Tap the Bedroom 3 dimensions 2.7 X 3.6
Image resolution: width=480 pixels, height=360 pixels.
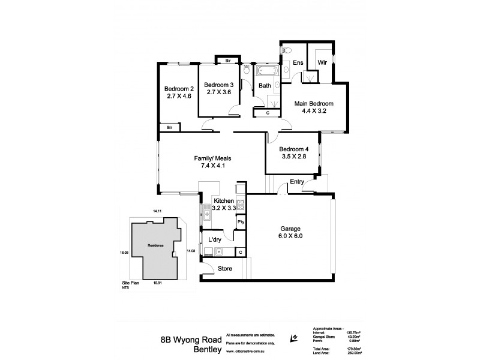(x=218, y=92)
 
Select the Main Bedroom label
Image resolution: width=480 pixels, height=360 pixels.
(x=313, y=103)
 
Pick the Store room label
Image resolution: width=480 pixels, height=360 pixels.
(x=225, y=268)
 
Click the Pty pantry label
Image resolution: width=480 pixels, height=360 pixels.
(x=241, y=223)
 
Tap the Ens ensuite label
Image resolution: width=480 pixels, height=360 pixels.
(x=298, y=62)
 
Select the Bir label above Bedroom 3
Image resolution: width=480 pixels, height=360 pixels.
(x=227, y=61)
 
